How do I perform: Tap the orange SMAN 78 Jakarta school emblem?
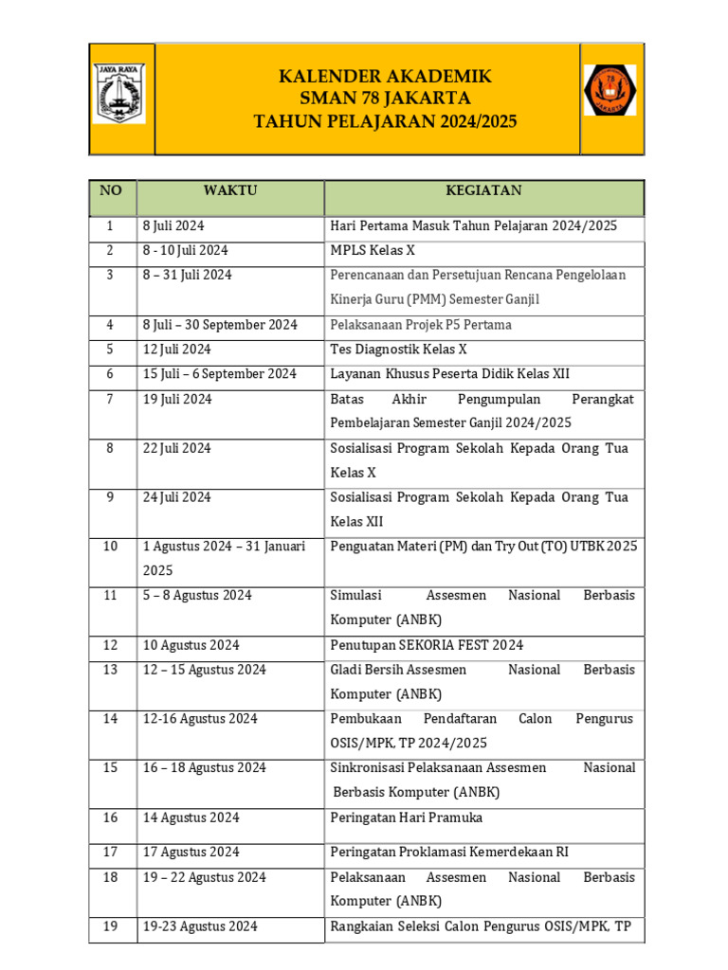tap(610, 90)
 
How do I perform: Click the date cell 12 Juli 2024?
tap(177, 350)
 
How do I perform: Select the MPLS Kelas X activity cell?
tap(373, 251)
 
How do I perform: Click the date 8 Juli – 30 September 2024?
tap(220, 325)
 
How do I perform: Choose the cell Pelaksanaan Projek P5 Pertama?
tap(421, 325)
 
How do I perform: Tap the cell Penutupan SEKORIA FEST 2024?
tap(427, 645)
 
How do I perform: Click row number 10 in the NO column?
tap(111, 547)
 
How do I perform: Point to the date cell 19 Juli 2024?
tap(177, 399)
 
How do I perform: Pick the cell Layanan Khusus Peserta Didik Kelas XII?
tap(449, 374)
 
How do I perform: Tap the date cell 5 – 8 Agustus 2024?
tap(197, 596)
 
